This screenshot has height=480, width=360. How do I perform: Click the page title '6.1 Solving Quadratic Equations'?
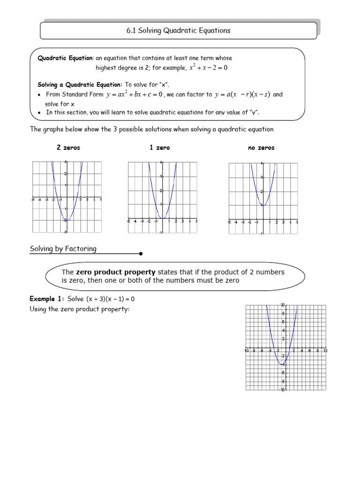tap(178, 31)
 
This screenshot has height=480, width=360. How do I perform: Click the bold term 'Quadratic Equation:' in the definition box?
tap(66, 58)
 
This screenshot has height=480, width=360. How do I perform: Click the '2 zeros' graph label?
tap(68, 148)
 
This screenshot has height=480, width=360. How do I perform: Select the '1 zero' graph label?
tap(160, 148)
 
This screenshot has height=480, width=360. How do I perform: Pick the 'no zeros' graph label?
tap(261, 148)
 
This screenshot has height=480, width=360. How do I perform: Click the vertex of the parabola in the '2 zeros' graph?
tap(67, 220)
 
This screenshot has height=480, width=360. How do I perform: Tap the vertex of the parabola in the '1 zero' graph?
tap(162, 218)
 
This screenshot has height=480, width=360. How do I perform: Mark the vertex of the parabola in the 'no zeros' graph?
tap(262, 205)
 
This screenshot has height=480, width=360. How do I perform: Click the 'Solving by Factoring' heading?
tap(63, 249)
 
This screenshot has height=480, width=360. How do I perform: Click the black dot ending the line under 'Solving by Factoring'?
tap(141, 254)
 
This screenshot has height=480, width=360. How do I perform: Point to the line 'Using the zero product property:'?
tap(79, 309)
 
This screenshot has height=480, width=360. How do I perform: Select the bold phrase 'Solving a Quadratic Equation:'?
tap(80, 85)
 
